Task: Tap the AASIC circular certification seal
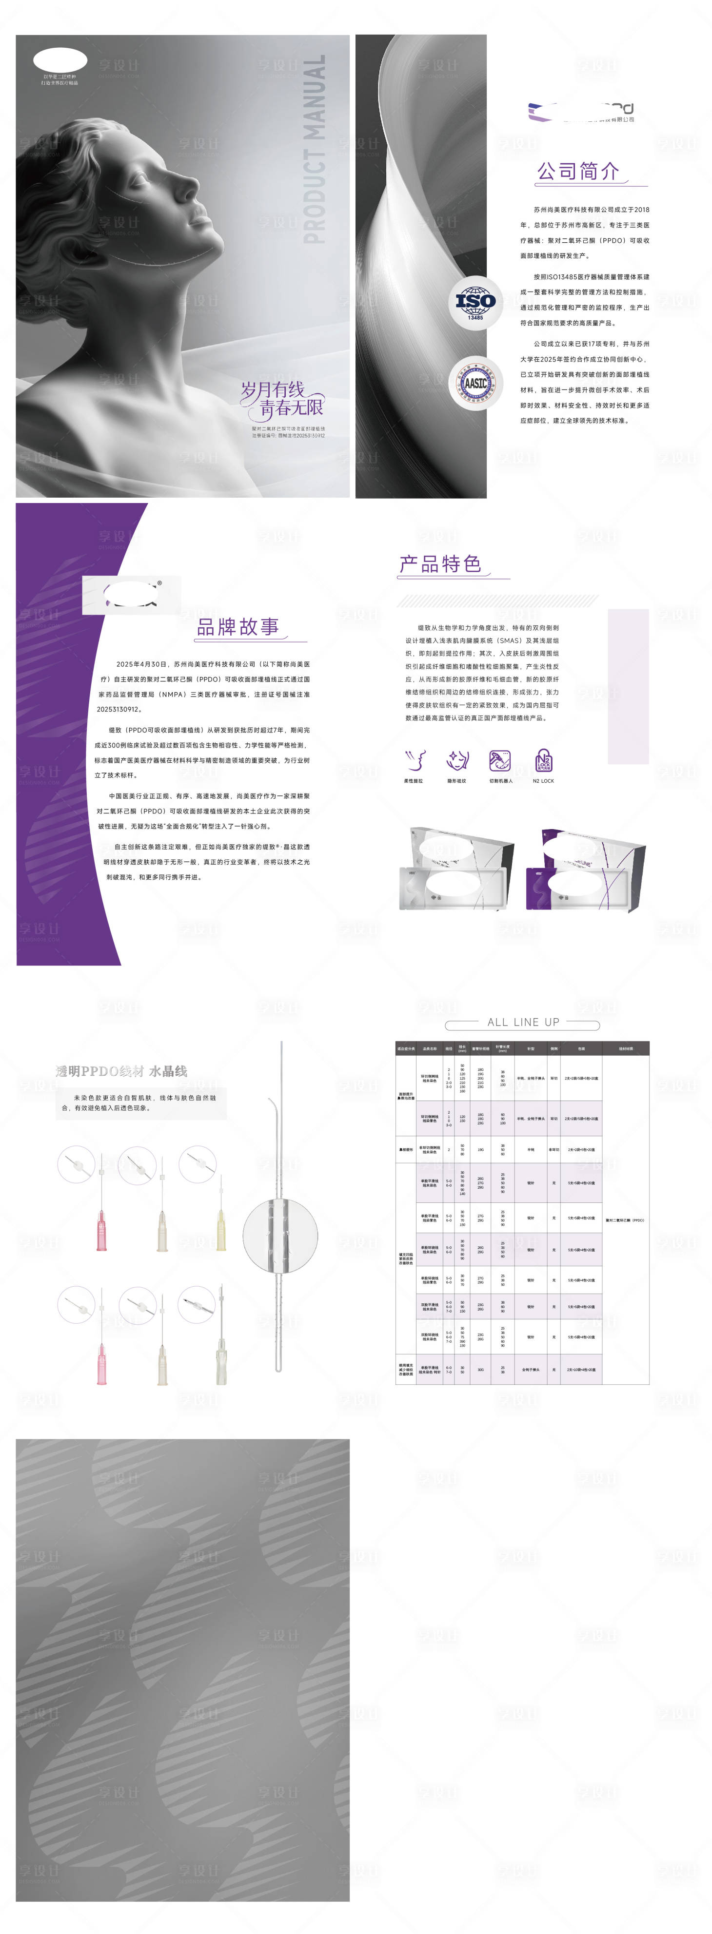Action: pos(475,383)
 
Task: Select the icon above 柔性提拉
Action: pos(414,760)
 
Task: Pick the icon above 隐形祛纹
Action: pos(456,760)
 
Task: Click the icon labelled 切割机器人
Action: pos(500,760)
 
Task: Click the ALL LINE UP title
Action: pos(523,1022)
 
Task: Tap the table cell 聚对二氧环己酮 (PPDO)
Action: pos(625,1220)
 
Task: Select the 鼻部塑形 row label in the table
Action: pos(406,1149)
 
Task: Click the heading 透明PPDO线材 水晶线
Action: pos(121,1071)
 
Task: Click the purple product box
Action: pos(586,871)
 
